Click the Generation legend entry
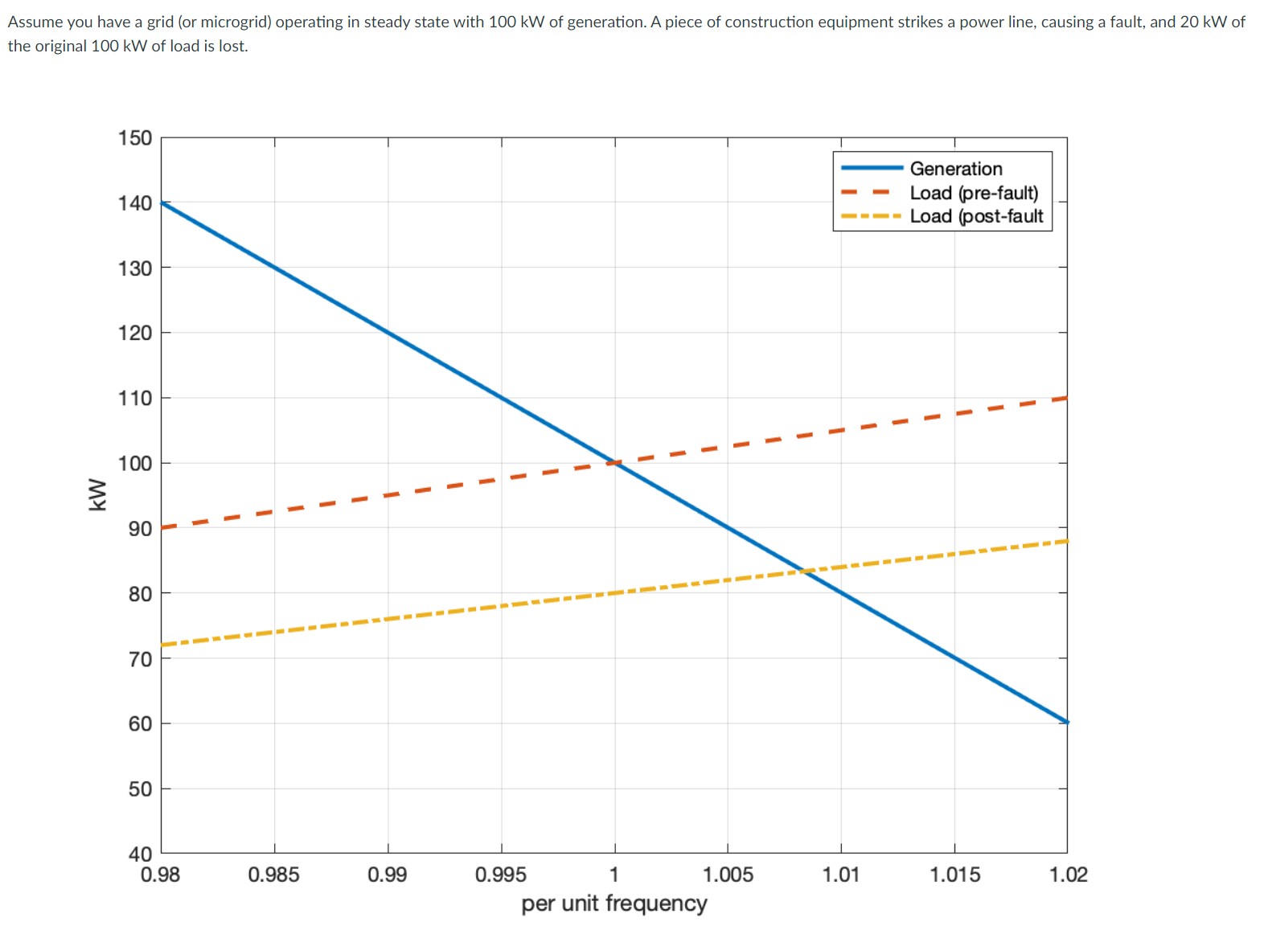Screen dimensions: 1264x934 point(955,169)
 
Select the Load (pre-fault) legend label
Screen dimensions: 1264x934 point(973,193)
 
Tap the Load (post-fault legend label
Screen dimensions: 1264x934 point(975,216)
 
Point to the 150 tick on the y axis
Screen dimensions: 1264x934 point(134,138)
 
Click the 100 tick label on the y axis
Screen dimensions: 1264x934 point(134,463)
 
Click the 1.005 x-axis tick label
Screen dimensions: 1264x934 point(727,874)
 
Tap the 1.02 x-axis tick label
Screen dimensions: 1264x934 point(1067,874)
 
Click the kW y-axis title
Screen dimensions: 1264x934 point(98,494)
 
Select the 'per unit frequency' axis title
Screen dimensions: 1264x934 point(614,903)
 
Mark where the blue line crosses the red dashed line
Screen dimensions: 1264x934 point(614,462)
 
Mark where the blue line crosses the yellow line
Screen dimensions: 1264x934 point(803,571)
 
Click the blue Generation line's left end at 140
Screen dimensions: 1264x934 point(162,203)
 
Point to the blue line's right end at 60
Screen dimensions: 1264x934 point(1067,722)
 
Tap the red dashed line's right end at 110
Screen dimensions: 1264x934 point(1067,398)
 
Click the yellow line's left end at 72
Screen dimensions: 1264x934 point(162,645)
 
